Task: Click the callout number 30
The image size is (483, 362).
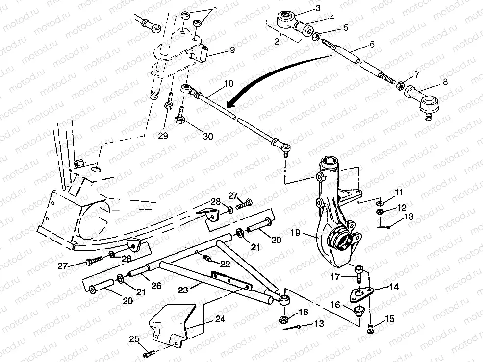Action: click(208, 136)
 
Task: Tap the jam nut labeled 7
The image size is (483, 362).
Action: click(400, 86)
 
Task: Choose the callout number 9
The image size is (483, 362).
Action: click(232, 49)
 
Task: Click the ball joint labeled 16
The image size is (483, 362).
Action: click(360, 311)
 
